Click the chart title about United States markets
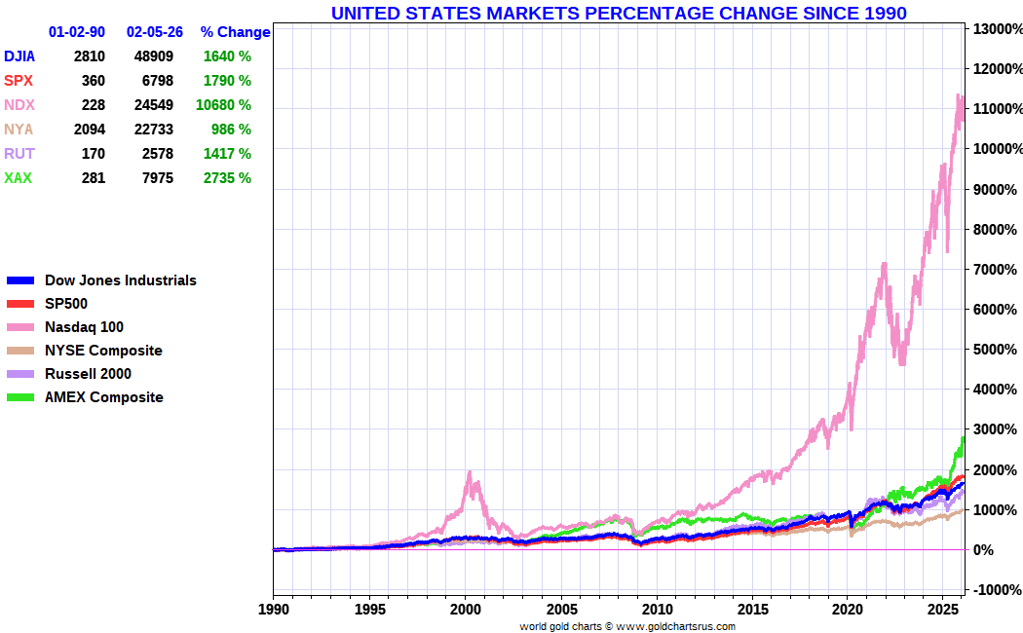point(619,13)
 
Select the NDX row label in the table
point(19,105)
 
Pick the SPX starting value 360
point(93,81)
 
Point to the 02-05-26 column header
point(155,32)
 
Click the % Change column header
point(235,32)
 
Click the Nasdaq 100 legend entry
point(84,327)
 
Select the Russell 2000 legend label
point(88,374)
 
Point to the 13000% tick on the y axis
point(994,29)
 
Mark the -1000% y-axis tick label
point(994,590)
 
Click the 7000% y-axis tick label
point(994,270)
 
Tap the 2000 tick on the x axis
point(465,610)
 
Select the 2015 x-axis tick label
point(753,610)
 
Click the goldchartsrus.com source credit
point(627,626)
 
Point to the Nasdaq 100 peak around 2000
point(470,473)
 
